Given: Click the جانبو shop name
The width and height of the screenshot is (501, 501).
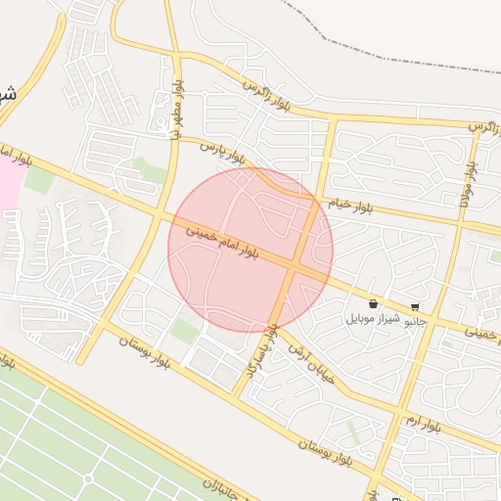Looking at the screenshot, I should click(416, 320).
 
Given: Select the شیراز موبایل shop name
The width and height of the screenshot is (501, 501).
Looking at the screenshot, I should click(374, 319).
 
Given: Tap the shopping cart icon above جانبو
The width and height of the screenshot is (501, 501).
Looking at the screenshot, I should click(416, 306).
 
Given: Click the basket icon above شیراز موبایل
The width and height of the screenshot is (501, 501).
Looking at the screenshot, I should click(374, 304).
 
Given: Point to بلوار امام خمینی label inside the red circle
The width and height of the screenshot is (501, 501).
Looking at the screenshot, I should click(222, 241).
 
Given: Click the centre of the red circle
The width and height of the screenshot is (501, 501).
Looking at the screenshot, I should click(250, 250).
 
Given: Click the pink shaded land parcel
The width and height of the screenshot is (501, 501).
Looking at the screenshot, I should click(8, 182).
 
